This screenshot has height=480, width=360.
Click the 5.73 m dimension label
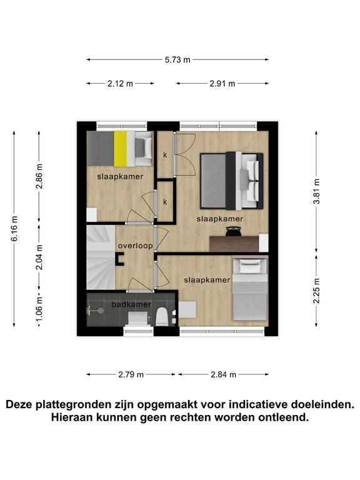[x=177, y=60]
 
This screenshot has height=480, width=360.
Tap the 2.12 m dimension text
[x=120, y=83]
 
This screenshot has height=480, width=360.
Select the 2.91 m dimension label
[x=222, y=83]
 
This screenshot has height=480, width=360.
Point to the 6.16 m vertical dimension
[x=14, y=228]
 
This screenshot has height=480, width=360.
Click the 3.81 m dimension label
[x=316, y=191]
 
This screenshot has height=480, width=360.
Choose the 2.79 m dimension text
[x=131, y=374]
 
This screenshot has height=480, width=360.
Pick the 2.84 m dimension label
[x=224, y=374]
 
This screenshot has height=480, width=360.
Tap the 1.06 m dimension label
[x=39, y=309]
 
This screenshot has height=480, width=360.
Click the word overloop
[x=135, y=246]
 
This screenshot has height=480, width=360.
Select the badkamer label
[x=131, y=304]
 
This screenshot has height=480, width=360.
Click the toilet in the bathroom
[x=161, y=317]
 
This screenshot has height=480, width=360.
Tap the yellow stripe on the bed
[x=120, y=149]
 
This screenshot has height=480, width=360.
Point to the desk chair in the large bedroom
[x=234, y=231]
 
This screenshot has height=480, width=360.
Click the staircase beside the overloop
[x=101, y=257]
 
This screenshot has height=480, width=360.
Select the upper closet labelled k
[x=165, y=154]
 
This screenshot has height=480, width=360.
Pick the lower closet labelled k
[x=165, y=201]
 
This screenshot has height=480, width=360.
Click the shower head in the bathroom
[x=101, y=311]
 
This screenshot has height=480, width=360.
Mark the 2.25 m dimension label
[x=316, y=291]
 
